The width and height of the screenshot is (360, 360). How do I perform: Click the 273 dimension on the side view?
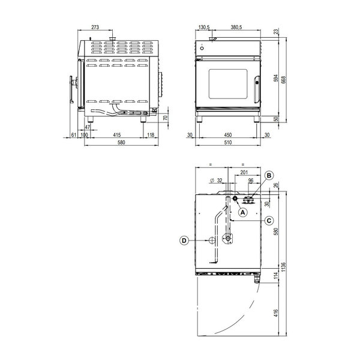point(94,27)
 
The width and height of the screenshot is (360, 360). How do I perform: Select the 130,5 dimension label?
point(204,27)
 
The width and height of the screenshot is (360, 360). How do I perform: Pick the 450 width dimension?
point(229,135)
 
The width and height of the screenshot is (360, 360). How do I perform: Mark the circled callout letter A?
point(242,212)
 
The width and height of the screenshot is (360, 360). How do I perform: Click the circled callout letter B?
point(269,175)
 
